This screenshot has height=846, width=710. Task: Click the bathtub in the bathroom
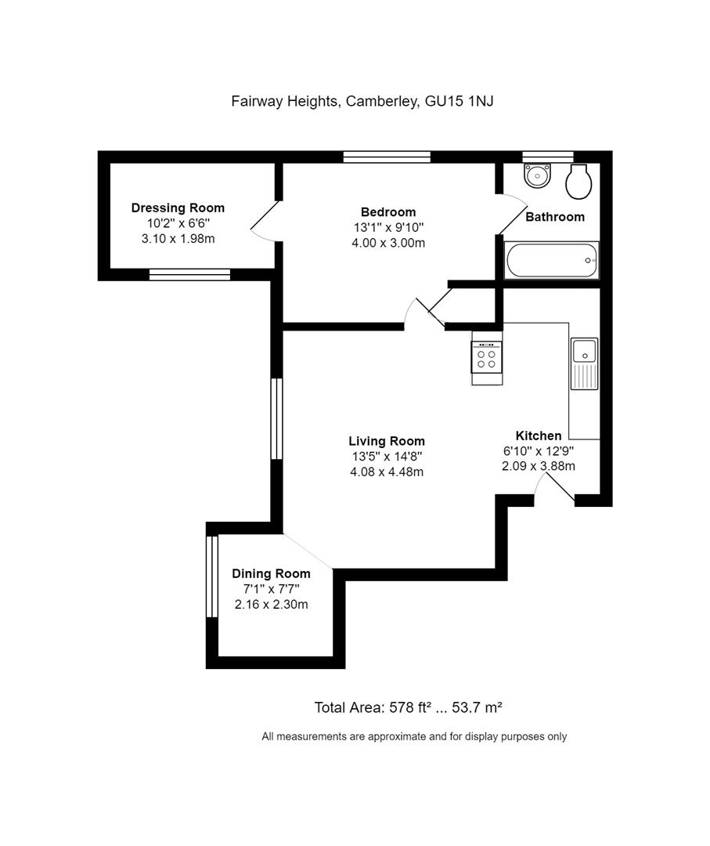click(x=552, y=260)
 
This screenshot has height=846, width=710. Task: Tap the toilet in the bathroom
click(x=578, y=182)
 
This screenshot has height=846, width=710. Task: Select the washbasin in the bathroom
click(x=537, y=175)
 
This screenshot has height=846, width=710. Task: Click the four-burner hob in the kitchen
click(x=486, y=358)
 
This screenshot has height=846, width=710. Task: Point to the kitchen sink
click(x=584, y=352)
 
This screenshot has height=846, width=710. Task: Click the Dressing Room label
click(x=178, y=208)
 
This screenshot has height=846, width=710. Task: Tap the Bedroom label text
click(x=388, y=211)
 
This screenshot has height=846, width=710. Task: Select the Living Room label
click(x=387, y=441)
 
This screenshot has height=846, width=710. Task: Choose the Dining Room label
click(x=271, y=573)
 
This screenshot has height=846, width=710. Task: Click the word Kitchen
click(x=538, y=436)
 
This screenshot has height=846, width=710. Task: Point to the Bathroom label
click(x=554, y=217)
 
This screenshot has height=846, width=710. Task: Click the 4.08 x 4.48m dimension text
click(x=387, y=472)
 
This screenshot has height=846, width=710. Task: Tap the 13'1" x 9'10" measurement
click(x=388, y=227)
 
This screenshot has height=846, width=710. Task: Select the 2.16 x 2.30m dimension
click(x=271, y=604)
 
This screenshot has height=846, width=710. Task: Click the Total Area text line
click(x=408, y=707)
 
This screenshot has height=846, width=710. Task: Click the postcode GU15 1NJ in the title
click(x=469, y=100)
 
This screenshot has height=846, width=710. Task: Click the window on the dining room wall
click(x=210, y=577)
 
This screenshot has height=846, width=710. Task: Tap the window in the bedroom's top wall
click(x=387, y=157)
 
